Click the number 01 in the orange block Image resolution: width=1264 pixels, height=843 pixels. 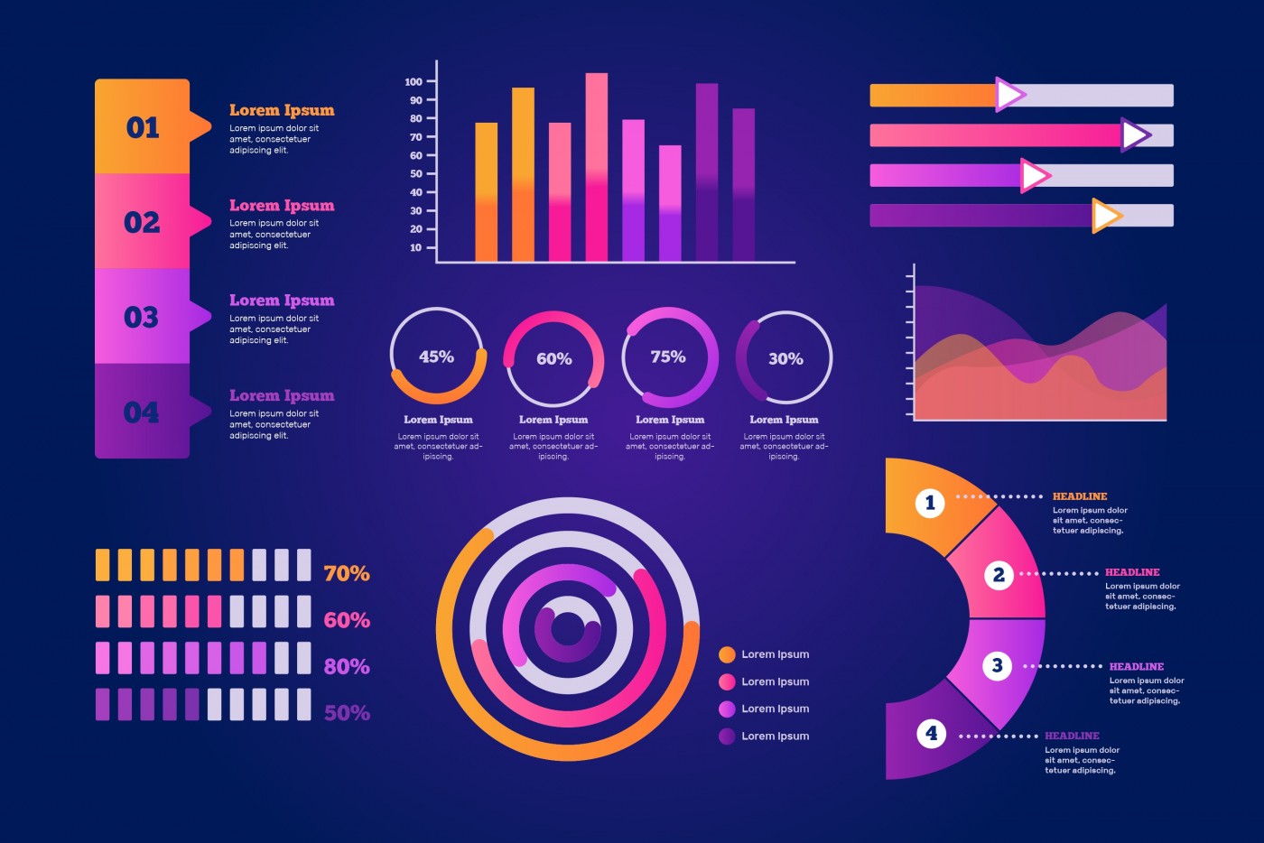[x=143, y=127]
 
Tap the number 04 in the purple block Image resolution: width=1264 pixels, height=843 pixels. [x=142, y=412]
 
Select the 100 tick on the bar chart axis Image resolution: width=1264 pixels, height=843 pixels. [x=414, y=81]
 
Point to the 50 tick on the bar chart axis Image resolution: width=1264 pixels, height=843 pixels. [x=416, y=173]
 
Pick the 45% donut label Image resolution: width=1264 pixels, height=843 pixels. [x=436, y=357]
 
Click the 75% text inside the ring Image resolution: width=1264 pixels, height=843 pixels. [x=668, y=357]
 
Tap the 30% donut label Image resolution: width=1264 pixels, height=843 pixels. [x=785, y=359]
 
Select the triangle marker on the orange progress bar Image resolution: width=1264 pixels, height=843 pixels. [x=1009, y=95]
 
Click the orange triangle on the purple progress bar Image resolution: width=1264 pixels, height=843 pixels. [x=1105, y=216]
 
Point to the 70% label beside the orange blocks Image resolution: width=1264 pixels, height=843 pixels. [x=347, y=573]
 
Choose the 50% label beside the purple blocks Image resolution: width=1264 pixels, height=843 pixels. [x=347, y=713]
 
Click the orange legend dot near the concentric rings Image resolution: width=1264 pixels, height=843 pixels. [x=727, y=654]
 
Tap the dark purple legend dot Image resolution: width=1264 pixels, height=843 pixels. [x=727, y=736]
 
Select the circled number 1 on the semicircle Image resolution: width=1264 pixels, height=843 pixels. [x=930, y=503]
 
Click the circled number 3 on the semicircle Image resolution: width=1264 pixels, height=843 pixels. [x=997, y=666]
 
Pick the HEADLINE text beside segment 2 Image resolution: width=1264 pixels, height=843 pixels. [x=1132, y=572]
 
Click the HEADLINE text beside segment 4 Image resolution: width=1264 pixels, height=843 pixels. [x=1072, y=736]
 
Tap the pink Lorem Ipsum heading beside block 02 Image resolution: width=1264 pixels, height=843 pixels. [x=282, y=206]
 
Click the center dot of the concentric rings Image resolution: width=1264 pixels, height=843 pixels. [x=568, y=629]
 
